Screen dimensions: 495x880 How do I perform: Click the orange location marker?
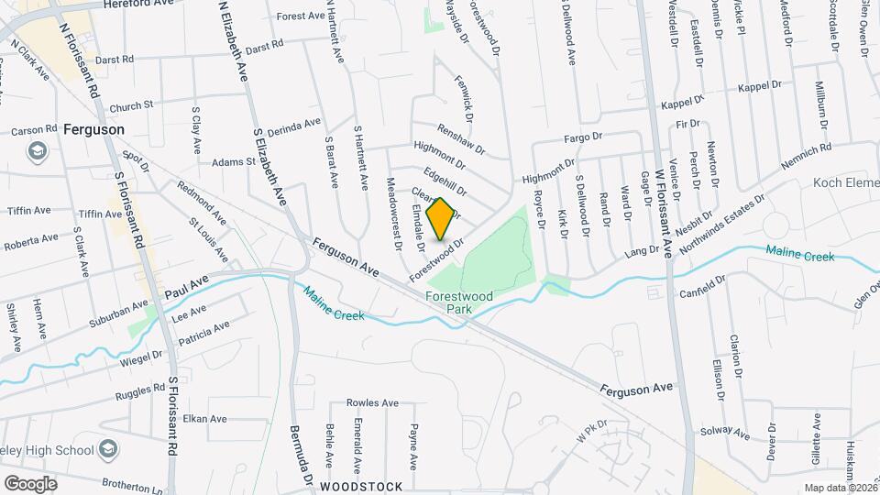(440, 218)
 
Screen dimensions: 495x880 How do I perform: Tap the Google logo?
(30, 483)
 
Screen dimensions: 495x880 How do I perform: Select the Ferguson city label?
(93, 130)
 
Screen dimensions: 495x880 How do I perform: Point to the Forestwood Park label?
(448, 303)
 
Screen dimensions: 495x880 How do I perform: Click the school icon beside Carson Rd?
(38, 150)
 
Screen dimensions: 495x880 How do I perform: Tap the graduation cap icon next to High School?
(108, 448)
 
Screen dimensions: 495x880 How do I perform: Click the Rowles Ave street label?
(372, 403)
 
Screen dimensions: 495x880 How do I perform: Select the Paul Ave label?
(187, 285)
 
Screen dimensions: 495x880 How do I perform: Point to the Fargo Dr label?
(582, 137)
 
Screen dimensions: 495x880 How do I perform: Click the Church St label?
(131, 107)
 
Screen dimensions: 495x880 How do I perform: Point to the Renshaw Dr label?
(460, 139)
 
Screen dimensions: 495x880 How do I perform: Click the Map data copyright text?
(838, 488)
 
